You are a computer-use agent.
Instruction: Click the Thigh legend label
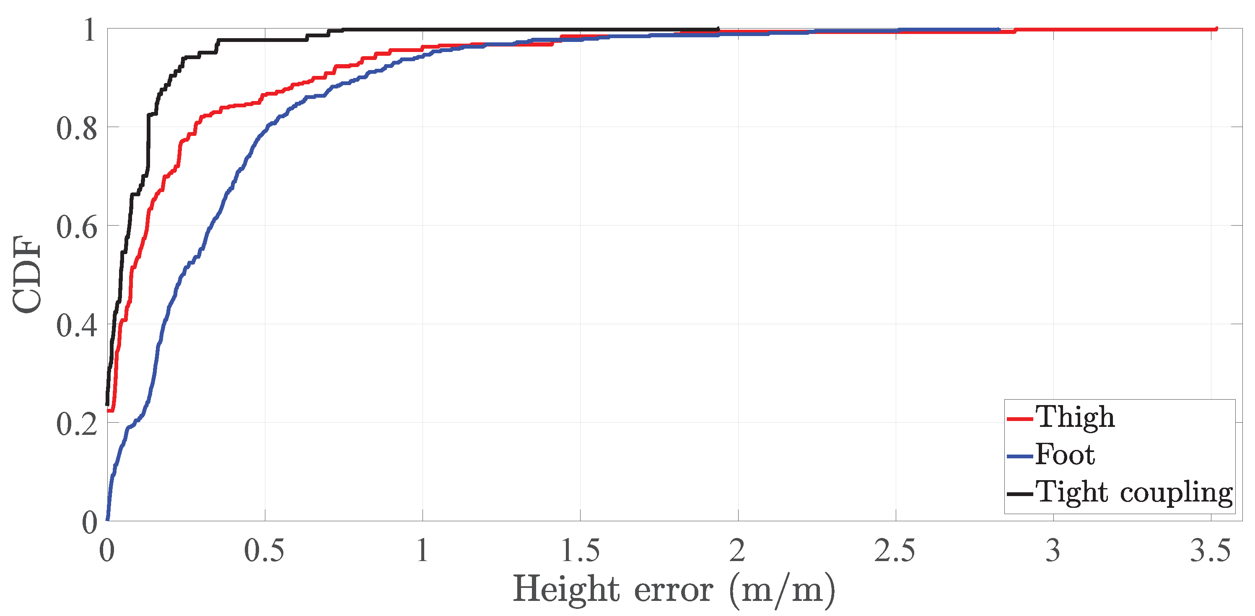(1075, 417)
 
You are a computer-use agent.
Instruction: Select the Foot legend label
(1065, 455)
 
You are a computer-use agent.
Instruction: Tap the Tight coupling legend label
(1134, 492)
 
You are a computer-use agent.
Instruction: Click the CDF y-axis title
(27, 274)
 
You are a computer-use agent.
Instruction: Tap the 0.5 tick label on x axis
(264, 551)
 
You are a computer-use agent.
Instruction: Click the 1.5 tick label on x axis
(580, 551)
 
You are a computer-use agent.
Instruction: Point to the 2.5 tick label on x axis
(895, 551)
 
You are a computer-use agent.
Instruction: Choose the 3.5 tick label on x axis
(1211, 551)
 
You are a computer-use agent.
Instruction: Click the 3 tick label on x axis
(1053, 551)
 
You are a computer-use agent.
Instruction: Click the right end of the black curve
(718, 29)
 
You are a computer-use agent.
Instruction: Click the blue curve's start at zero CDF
(107, 520)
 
